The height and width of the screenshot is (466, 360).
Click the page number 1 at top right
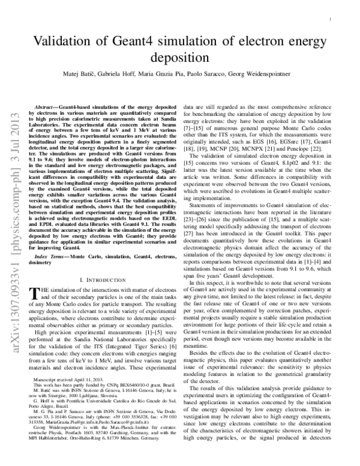331,19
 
